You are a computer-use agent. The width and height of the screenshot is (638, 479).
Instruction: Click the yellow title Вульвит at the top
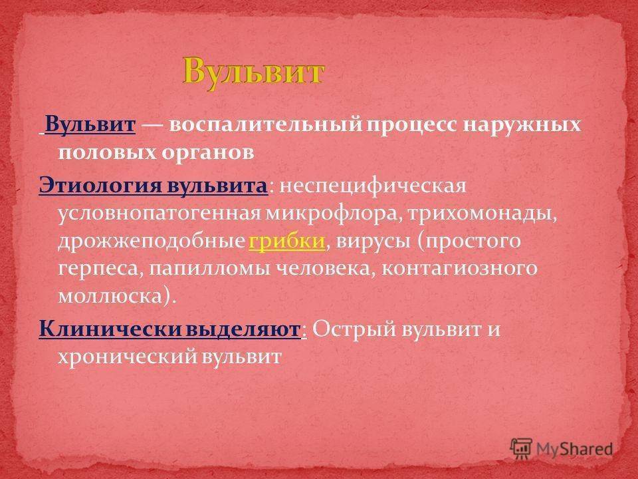253,72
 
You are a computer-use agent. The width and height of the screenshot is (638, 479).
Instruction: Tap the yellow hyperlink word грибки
287,241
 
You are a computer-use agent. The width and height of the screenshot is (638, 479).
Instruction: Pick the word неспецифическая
373,186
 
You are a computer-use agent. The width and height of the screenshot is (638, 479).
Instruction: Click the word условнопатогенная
159,213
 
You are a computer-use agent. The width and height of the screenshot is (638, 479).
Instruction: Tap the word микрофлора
331,214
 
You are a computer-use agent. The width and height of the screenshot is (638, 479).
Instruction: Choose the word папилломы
209,269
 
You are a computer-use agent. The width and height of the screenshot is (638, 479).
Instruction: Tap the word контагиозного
459,269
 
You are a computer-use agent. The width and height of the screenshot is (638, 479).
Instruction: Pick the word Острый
354,329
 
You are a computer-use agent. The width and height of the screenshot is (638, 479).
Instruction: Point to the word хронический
127,357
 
